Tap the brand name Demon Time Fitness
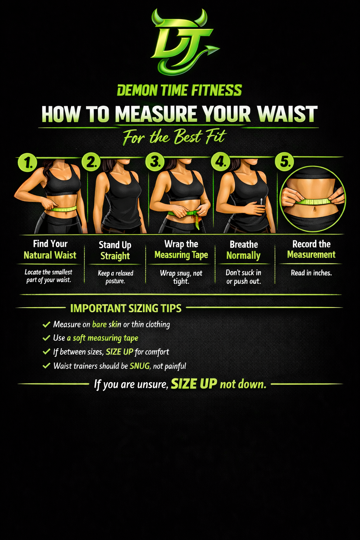tap(179, 90)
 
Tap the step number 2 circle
tap(91, 162)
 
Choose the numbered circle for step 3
tap(155, 162)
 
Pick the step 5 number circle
tap(284, 161)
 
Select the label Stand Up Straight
tap(115, 250)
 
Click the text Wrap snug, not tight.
tap(181, 277)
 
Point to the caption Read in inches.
tap(311, 273)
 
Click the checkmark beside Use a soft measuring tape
tap(46, 338)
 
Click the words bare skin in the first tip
tap(107, 324)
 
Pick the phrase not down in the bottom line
tap(243, 384)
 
